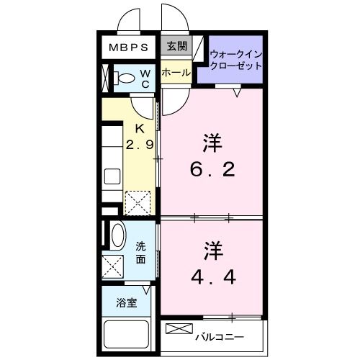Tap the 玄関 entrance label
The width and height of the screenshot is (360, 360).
pos(175,48)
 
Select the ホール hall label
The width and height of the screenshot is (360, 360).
pos(176,73)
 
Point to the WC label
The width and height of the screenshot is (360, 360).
pos(145,77)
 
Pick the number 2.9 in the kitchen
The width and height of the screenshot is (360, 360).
pos(140,144)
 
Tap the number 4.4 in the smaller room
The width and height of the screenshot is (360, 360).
pos(211,276)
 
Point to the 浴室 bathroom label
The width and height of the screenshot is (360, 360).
pos(126,303)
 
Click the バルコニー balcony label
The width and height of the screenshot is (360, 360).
pos(219,337)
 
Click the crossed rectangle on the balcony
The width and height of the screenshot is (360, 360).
pos(176,329)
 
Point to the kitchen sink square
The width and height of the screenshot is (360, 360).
pos(113,176)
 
